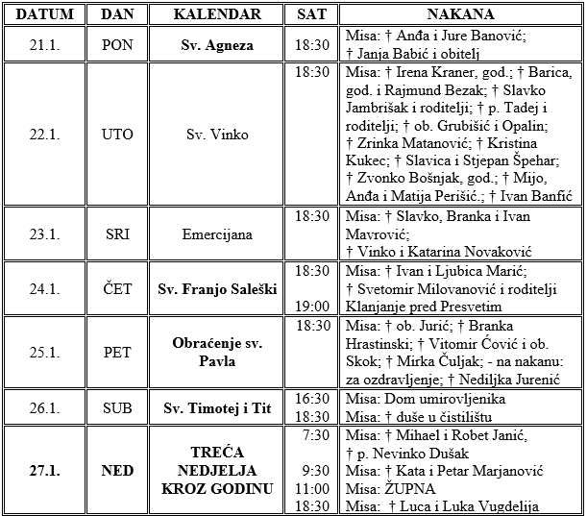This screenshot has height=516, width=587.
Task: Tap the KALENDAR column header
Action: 217,14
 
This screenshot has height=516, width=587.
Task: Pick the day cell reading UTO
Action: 117,135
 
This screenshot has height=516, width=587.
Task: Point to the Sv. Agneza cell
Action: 217,45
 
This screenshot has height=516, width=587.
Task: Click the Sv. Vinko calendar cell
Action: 217,135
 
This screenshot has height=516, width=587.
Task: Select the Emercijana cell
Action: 217,233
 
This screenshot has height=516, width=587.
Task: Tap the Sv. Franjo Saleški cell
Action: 217,288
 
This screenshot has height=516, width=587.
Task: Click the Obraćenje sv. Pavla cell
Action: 217,353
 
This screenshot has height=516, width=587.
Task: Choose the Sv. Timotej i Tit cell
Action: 217,408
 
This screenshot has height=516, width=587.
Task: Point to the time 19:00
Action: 313,306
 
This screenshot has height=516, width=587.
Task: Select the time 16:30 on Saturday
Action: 313,399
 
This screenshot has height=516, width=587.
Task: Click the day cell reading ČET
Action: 117,288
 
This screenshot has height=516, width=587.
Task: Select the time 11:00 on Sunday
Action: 313,489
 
